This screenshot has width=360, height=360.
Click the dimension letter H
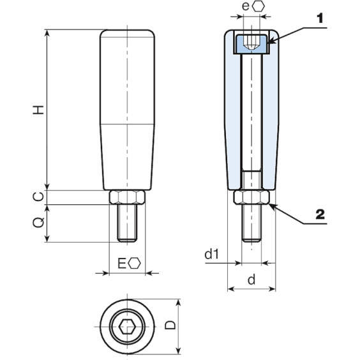[39, 110]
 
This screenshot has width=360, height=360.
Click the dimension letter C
[39, 197]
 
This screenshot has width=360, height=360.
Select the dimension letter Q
[39, 223]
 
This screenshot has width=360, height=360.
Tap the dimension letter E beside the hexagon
[123, 263]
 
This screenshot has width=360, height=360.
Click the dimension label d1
[212, 255]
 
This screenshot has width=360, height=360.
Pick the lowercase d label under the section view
[251, 279]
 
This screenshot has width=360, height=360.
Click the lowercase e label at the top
[246, 6]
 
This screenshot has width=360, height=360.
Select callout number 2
[320, 214]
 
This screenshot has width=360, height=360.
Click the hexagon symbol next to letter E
[135, 263]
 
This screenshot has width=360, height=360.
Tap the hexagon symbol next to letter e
[259, 6]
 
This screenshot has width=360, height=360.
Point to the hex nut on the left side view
[128, 198]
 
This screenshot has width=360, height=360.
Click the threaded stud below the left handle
[128, 223]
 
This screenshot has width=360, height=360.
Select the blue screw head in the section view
[252, 43]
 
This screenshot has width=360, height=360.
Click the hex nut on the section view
[252, 198]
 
